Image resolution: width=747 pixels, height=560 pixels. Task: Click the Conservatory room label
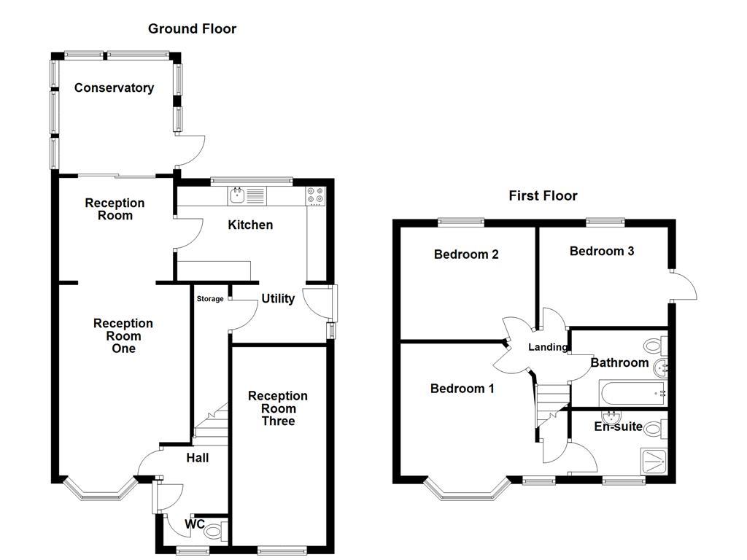114,88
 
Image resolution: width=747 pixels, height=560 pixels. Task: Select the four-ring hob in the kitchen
316,196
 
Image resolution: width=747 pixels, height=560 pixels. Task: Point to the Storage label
210,299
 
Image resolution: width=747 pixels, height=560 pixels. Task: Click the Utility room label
278,298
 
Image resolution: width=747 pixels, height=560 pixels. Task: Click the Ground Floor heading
192,29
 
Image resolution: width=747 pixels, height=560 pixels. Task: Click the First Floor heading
543,195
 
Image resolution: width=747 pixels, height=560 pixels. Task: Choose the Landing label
547,347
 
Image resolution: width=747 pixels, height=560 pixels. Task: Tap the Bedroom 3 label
601,251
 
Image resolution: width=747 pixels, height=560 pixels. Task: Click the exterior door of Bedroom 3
684,286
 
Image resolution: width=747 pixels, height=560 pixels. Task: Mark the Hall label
197,458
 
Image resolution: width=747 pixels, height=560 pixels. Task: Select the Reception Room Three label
277,408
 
